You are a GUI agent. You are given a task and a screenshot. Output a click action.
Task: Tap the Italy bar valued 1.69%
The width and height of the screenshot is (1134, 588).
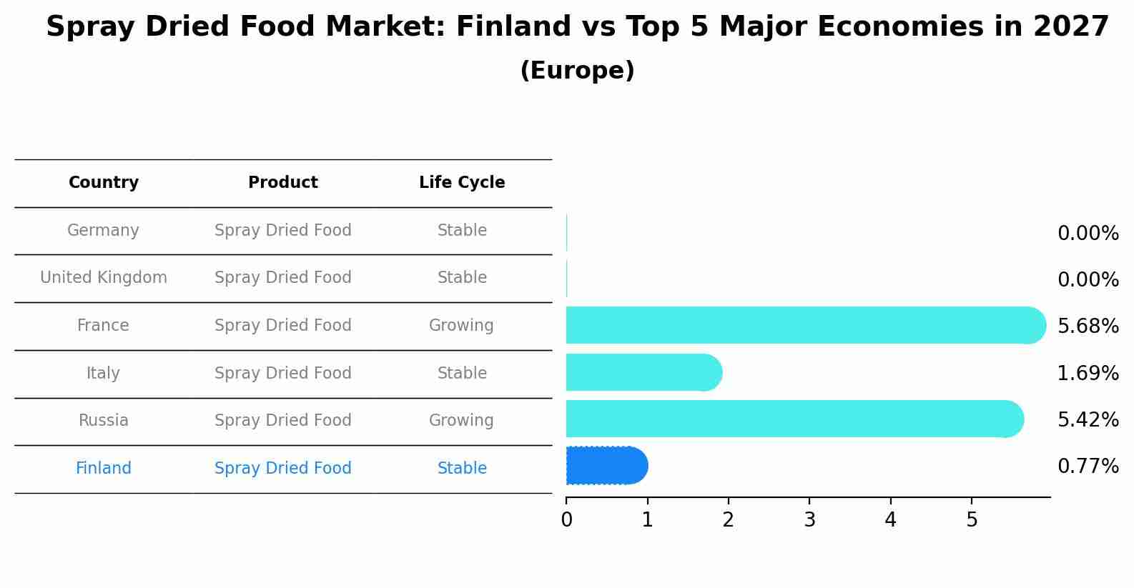point(644,372)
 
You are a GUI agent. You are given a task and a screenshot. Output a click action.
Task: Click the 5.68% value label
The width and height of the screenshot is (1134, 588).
point(1088,327)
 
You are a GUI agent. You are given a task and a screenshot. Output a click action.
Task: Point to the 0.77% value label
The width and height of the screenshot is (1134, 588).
point(1088,467)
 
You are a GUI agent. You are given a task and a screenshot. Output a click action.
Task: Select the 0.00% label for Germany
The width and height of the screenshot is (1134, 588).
point(1088,234)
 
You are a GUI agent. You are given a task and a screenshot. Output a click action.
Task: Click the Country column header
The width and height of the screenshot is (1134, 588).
point(104,183)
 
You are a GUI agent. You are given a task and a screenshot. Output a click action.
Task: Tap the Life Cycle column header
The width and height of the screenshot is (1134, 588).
point(462,183)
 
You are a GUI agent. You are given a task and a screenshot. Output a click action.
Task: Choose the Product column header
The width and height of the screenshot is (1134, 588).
point(283,183)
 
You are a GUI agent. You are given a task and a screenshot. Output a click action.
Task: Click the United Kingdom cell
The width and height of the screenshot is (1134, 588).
point(104,278)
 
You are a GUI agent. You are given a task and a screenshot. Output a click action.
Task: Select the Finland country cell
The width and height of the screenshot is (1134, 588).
point(104,469)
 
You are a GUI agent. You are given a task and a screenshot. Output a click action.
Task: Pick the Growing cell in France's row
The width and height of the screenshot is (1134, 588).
point(461,326)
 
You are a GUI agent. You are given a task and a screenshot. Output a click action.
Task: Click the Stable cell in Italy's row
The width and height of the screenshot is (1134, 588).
point(462,374)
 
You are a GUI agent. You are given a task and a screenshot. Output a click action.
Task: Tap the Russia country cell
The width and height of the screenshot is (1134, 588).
point(104,421)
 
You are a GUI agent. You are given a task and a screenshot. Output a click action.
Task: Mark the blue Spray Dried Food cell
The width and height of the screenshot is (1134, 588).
point(283,469)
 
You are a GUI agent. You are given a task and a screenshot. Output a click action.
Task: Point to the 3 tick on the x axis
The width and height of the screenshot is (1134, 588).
point(809,520)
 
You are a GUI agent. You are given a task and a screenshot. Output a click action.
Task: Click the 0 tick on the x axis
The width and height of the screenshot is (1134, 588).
point(566,520)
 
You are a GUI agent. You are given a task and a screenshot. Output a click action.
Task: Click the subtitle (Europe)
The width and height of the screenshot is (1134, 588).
point(577,71)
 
